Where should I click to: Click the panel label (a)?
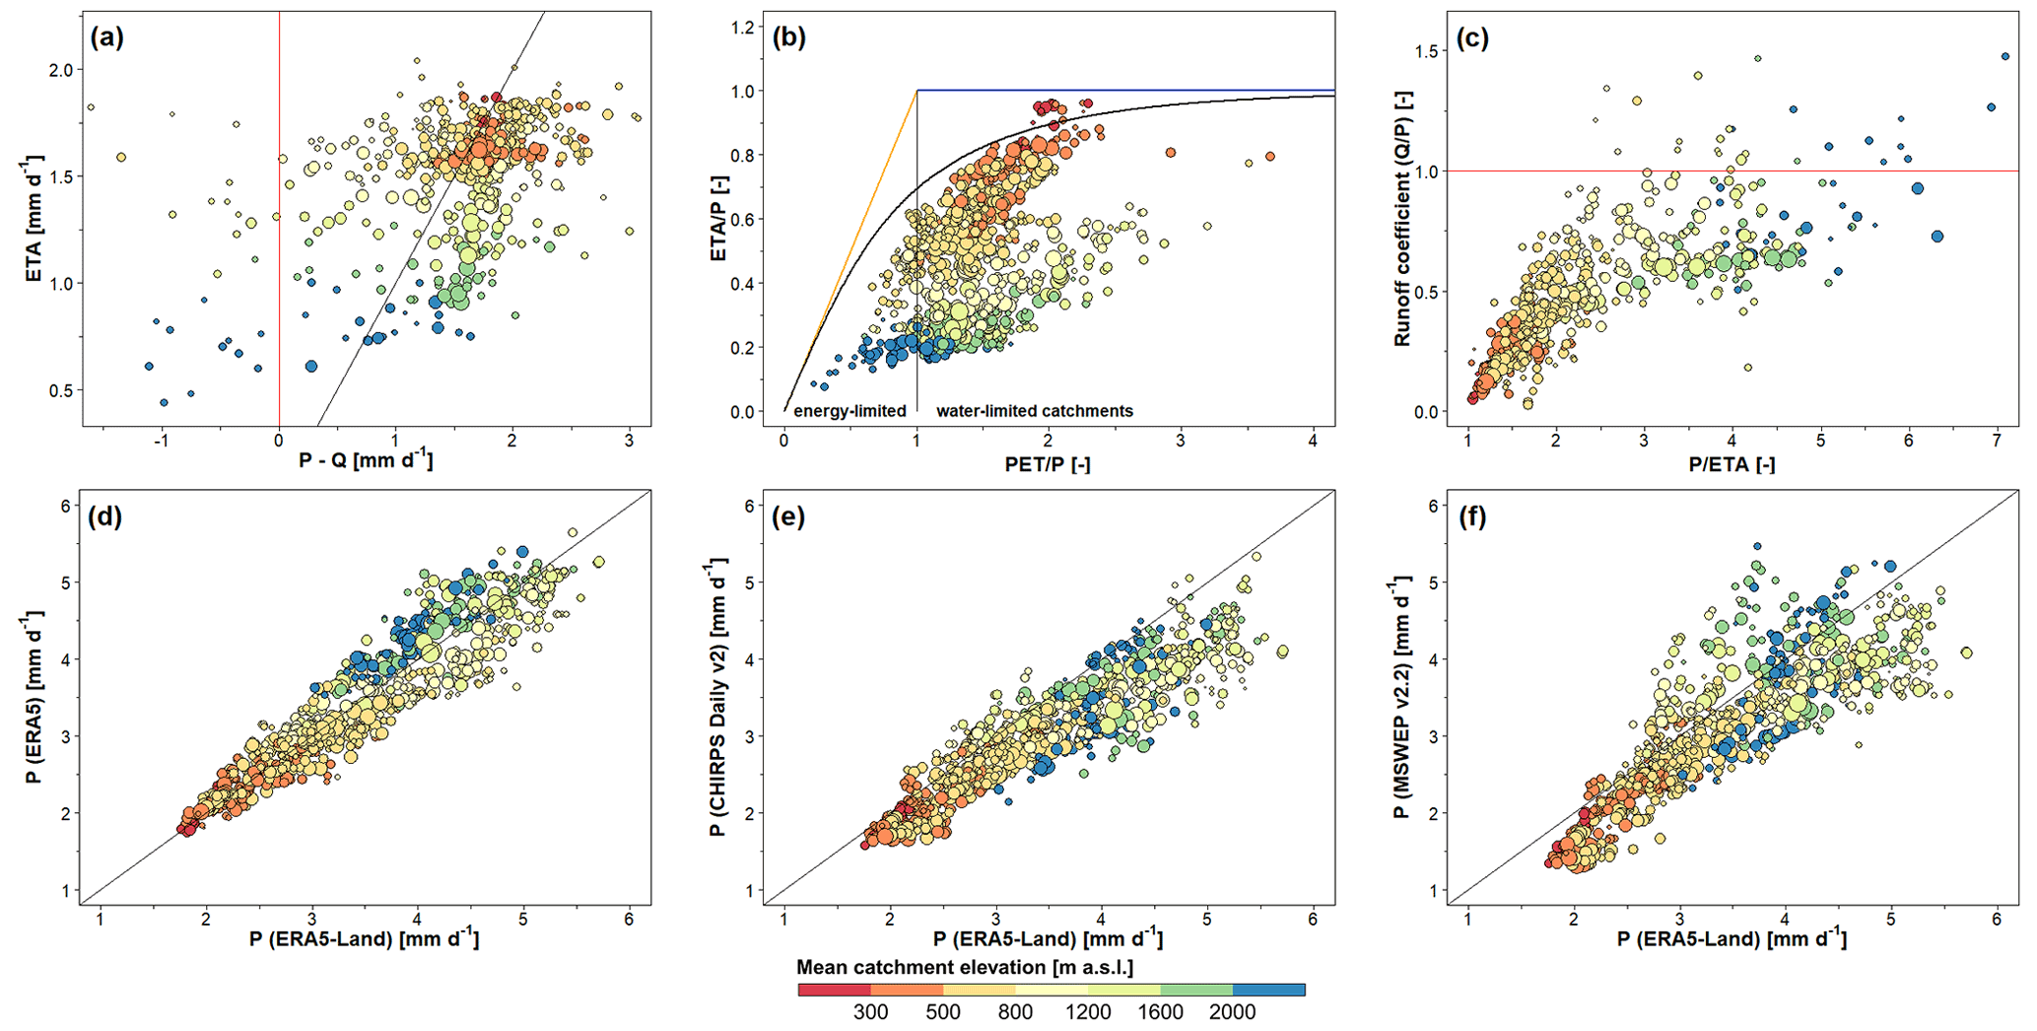coord(106,38)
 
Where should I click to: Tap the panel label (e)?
coord(790,517)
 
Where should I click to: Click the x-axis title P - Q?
coord(366,459)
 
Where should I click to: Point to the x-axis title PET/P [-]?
coord(1048,463)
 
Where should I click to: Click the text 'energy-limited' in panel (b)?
coord(849,411)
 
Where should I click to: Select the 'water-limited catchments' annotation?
coord(1034,411)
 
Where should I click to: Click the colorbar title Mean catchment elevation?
coord(964,967)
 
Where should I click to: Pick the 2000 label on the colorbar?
coord(1233,1012)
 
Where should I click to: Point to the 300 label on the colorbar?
coord(870,1012)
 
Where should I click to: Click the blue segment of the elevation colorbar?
coord(1269,990)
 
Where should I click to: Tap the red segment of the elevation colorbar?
coord(834,990)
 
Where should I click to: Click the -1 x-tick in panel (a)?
coord(163,441)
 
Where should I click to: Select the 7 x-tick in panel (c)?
coord(1997,441)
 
